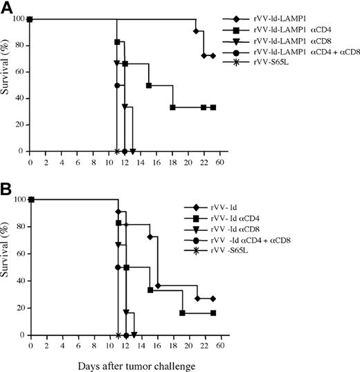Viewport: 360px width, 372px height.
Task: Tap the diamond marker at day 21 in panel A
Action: pos(196,31)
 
